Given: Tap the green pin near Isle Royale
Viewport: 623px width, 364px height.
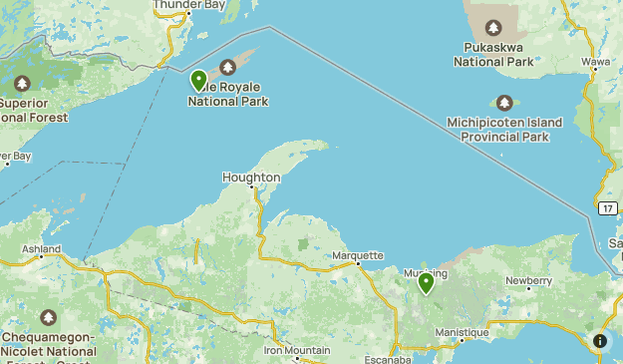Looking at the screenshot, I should tap(198, 80).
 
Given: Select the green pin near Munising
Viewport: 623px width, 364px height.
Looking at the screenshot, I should tap(426, 283).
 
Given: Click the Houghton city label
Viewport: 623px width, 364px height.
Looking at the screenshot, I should tap(251, 178).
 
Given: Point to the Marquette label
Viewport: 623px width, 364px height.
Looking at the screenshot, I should tap(357, 256).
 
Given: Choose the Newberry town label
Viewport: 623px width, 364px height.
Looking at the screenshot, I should tap(528, 281).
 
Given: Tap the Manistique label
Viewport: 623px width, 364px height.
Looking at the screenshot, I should tap(462, 332).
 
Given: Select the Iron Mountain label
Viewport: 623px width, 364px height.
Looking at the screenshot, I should tap(297, 350).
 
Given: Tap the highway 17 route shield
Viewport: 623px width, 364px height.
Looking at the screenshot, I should tap(607, 208).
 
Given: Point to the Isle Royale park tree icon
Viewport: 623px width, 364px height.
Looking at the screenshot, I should tap(227, 67).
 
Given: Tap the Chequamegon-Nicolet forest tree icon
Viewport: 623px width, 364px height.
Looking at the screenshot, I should tap(47, 317).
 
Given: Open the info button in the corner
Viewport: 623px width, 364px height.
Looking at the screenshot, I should tap(599, 341).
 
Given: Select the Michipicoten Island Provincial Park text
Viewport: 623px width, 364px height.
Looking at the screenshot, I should tap(505, 130).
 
